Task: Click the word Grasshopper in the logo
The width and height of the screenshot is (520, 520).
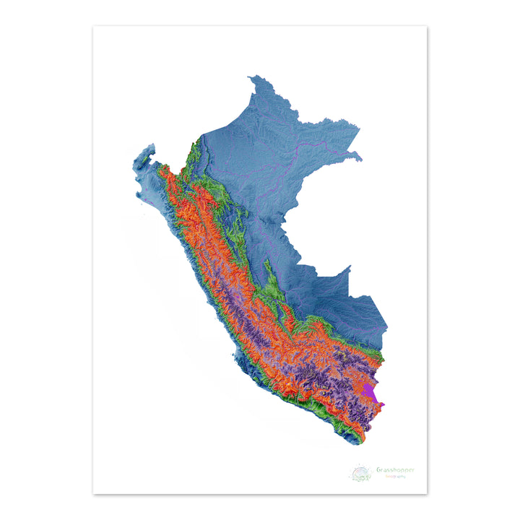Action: (395, 470)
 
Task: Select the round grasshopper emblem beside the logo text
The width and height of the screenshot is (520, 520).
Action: (360, 473)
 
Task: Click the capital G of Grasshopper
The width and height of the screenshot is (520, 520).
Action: (378, 470)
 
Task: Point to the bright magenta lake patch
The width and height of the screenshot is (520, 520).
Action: (371, 393)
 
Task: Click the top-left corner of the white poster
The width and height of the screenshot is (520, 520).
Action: (93, 27)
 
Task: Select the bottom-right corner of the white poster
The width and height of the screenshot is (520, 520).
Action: (427, 494)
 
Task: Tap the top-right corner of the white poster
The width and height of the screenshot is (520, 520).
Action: (427, 27)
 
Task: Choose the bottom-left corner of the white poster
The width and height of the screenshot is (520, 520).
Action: (93, 494)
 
